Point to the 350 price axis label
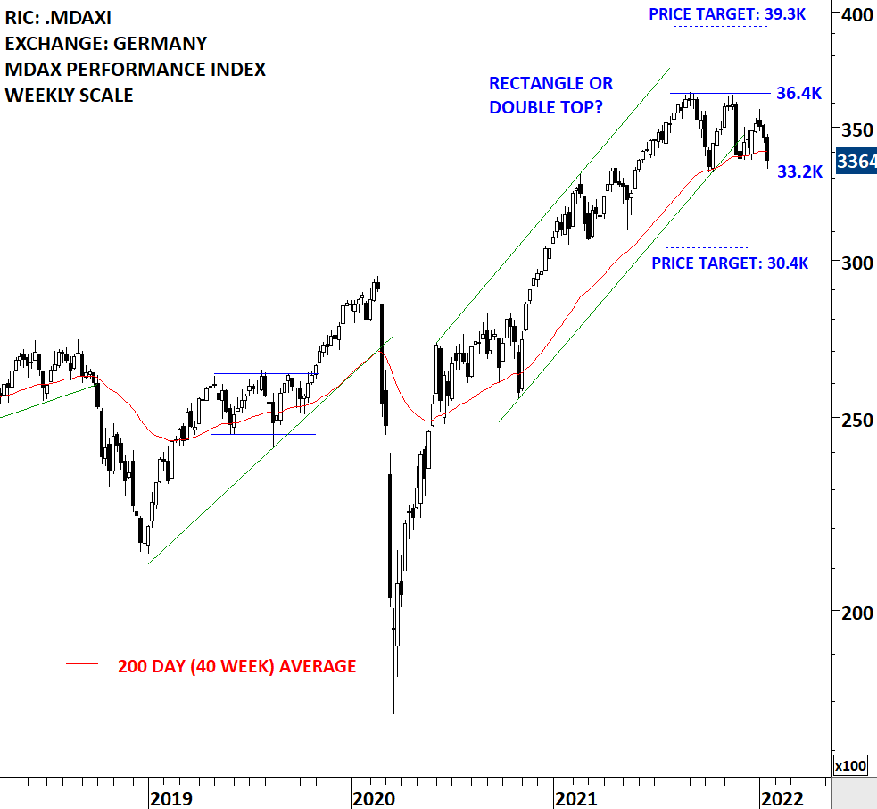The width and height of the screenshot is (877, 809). pyautogui.click(x=857, y=129)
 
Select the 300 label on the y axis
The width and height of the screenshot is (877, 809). pyautogui.click(x=857, y=263)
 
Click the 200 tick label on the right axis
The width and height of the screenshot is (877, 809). pyautogui.click(x=857, y=613)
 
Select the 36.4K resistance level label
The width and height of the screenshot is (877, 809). pyautogui.click(x=798, y=93)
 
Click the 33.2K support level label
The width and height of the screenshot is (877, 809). pyautogui.click(x=799, y=171)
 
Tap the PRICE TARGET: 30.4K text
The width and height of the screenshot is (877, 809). pyautogui.click(x=730, y=263)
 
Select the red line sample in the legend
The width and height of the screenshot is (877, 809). pyautogui.click(x=82, y=664)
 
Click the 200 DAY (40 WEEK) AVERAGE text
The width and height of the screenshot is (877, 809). pyautogui.click(x=236, y=666)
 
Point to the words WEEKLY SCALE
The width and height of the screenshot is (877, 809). pyautogui.click(x=70, y=95)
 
